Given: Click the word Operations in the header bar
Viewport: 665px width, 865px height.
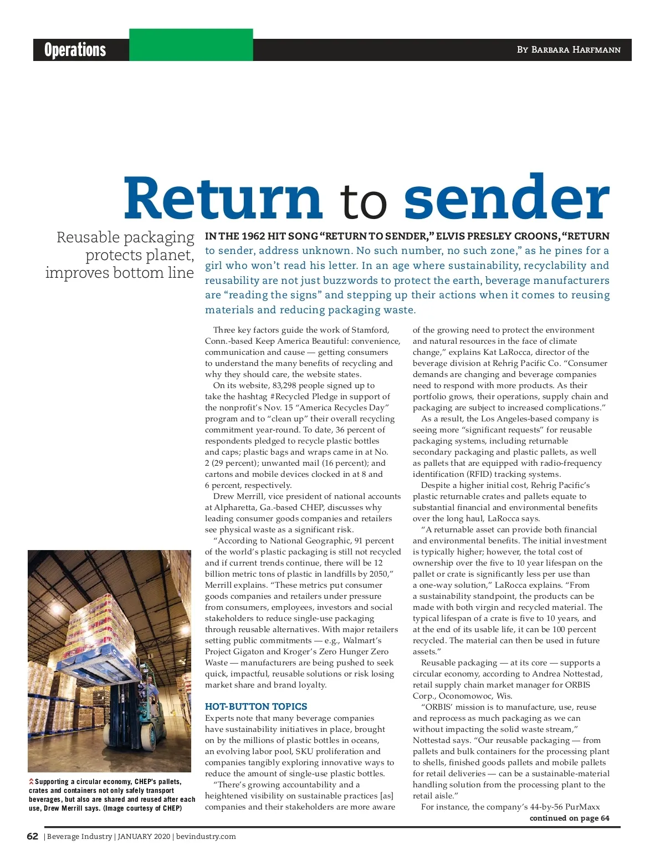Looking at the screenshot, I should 75,50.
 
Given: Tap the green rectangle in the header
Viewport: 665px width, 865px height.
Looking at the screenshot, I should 191,45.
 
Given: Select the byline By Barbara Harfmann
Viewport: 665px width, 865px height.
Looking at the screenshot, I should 569,50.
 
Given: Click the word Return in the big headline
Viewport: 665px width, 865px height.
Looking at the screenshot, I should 223,199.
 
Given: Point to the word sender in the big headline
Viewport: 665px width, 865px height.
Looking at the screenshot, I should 507,199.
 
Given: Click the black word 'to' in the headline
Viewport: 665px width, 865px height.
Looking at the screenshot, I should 364,202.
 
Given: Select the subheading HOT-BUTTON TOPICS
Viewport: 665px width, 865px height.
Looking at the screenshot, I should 256,706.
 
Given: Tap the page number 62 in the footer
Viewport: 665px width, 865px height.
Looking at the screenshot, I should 33,836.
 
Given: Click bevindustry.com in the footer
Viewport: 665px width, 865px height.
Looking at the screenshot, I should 206,837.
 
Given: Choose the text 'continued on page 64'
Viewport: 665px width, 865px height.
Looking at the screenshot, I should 569,818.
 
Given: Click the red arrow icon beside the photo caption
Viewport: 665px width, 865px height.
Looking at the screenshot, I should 32,782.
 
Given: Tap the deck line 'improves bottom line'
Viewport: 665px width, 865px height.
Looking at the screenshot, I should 120,273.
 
